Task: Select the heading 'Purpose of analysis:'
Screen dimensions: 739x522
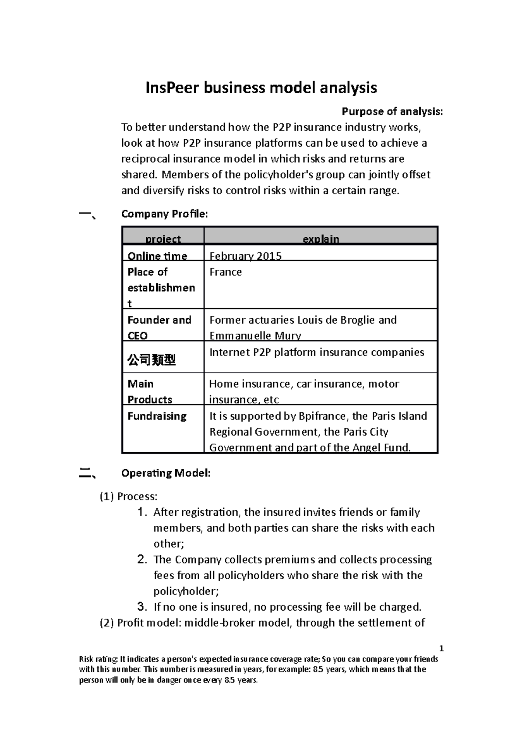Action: [x=392, y=112]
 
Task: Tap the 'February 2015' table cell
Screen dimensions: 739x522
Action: [x=245, y=256]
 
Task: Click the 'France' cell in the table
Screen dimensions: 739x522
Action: [x=225, y=272]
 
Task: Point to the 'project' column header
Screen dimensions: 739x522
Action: [x=163, y=239]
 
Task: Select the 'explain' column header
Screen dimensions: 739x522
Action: [x=321, y=239]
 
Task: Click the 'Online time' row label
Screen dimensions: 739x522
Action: [x=157, y=256]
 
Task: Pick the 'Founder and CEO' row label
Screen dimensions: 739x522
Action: [x=159, y=327]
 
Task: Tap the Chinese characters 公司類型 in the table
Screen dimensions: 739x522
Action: [x=151, y=360]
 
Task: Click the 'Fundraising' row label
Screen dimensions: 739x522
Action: [x=157, y=416]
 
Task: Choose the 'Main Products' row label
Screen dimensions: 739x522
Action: [x=150, y=391]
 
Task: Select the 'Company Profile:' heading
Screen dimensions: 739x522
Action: [x=164, y=214]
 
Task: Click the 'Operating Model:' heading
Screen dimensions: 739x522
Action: [x=166, y=473]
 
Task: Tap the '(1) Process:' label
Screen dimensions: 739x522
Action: [x=129, y=497]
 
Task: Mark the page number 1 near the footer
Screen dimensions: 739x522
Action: [x=441, y=648]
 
